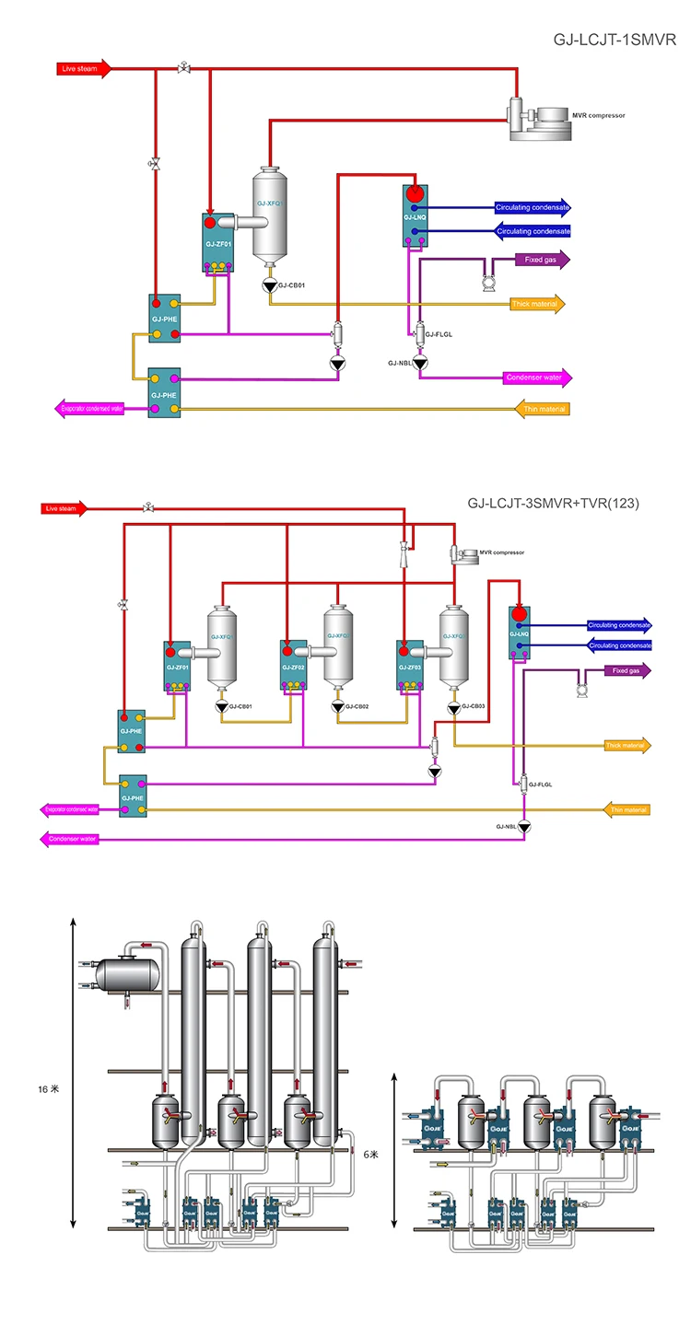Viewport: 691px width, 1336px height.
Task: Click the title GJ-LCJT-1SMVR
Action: [615, 41]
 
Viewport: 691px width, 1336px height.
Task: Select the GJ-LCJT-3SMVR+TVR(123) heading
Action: [553, 504]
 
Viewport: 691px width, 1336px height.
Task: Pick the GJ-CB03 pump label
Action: [473, 707]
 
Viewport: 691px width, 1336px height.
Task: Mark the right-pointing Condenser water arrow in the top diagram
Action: [538, 378]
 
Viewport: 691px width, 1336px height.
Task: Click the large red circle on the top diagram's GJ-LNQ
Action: [414, 193]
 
